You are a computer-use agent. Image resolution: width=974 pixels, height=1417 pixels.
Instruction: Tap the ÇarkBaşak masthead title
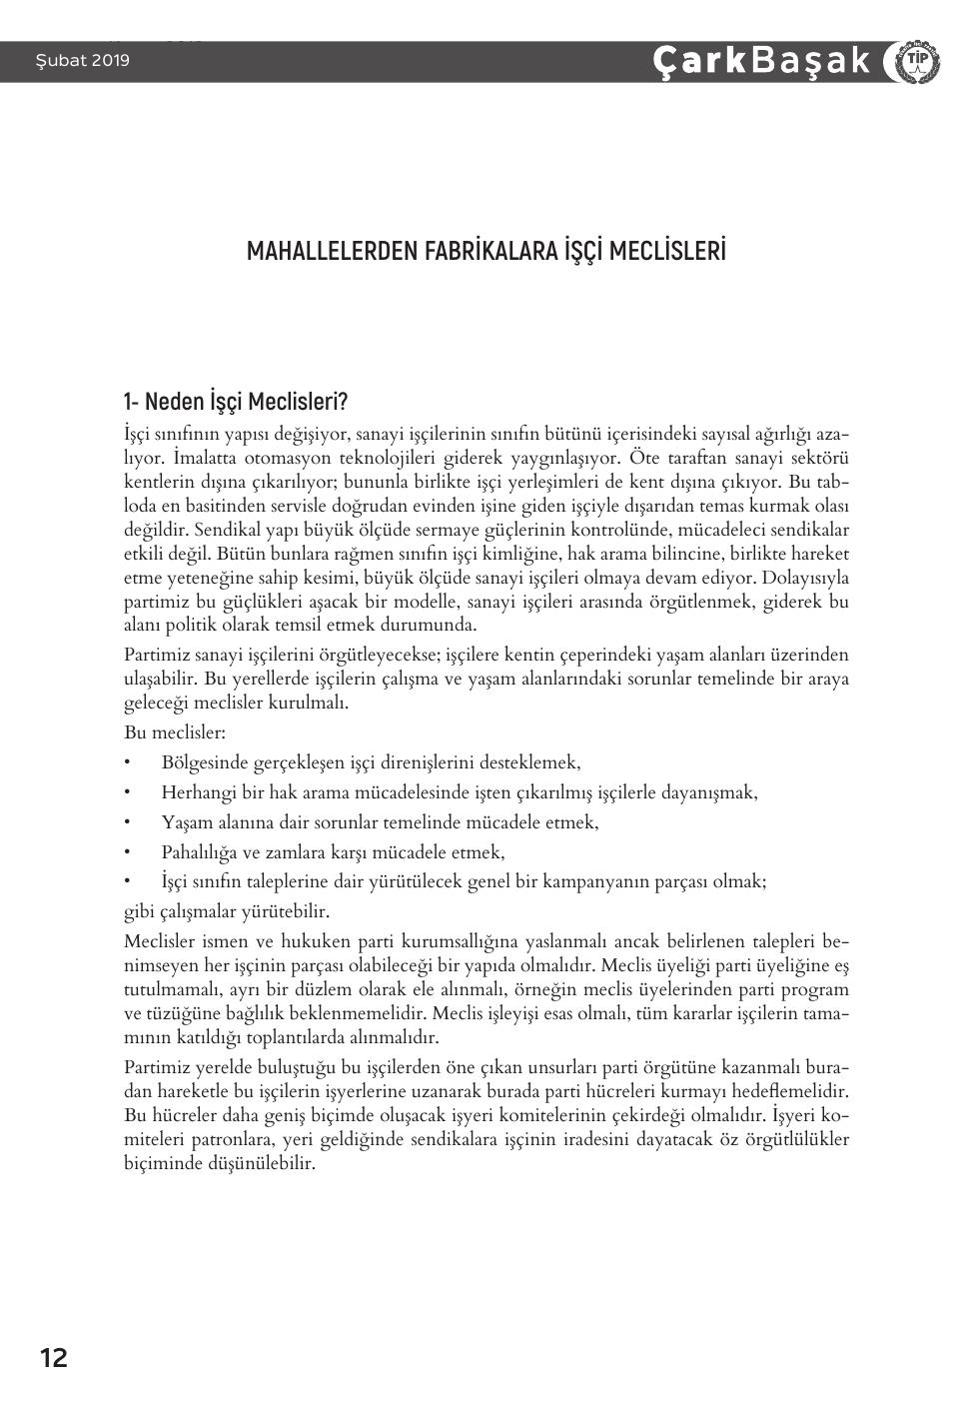762,61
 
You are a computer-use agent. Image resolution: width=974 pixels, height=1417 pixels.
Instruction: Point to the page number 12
54,1358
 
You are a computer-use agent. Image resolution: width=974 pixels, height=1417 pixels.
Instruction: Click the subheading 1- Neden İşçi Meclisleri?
235,403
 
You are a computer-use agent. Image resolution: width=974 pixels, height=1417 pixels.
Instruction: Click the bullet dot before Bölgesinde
128,762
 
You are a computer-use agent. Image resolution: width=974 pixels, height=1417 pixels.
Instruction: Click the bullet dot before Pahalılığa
128,852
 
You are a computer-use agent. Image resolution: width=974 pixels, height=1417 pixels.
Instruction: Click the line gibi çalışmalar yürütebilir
227,911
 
